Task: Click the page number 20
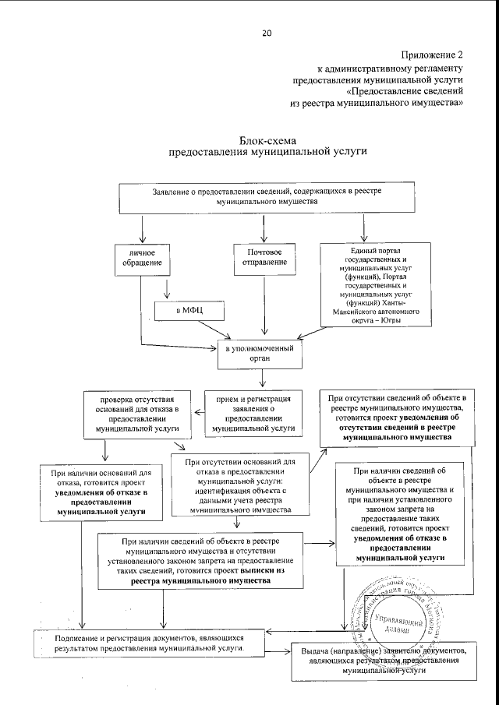(267, 33)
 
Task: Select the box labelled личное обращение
(141, 260)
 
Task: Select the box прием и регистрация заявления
(253, 412)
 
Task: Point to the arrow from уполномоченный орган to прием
(264, 379)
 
